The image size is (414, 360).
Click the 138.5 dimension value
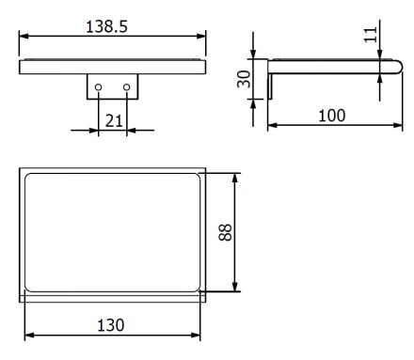[x=106, y=26]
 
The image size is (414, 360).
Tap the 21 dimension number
[x=114, y=120]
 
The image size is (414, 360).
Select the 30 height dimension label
[x=244, y=79]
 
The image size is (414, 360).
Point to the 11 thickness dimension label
[x=371, y=35]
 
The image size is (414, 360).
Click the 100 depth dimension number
[x=332, y=116]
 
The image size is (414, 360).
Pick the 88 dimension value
[x=225, y=232]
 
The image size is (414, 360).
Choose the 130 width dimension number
[x=111, y=325]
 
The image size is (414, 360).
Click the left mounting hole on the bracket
[x=98, y=87]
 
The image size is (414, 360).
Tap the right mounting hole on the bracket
[x=127, y=87]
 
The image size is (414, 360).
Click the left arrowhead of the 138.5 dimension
[x=24, y=37]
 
